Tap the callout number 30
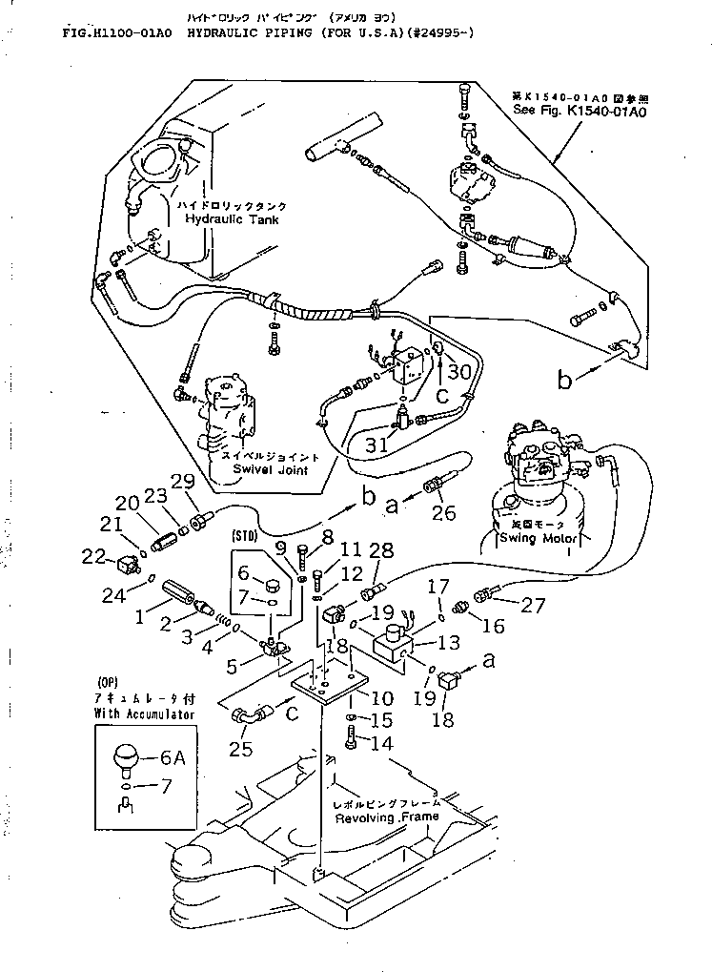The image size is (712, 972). point(460,373)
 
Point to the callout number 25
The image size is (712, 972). point(241,749)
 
